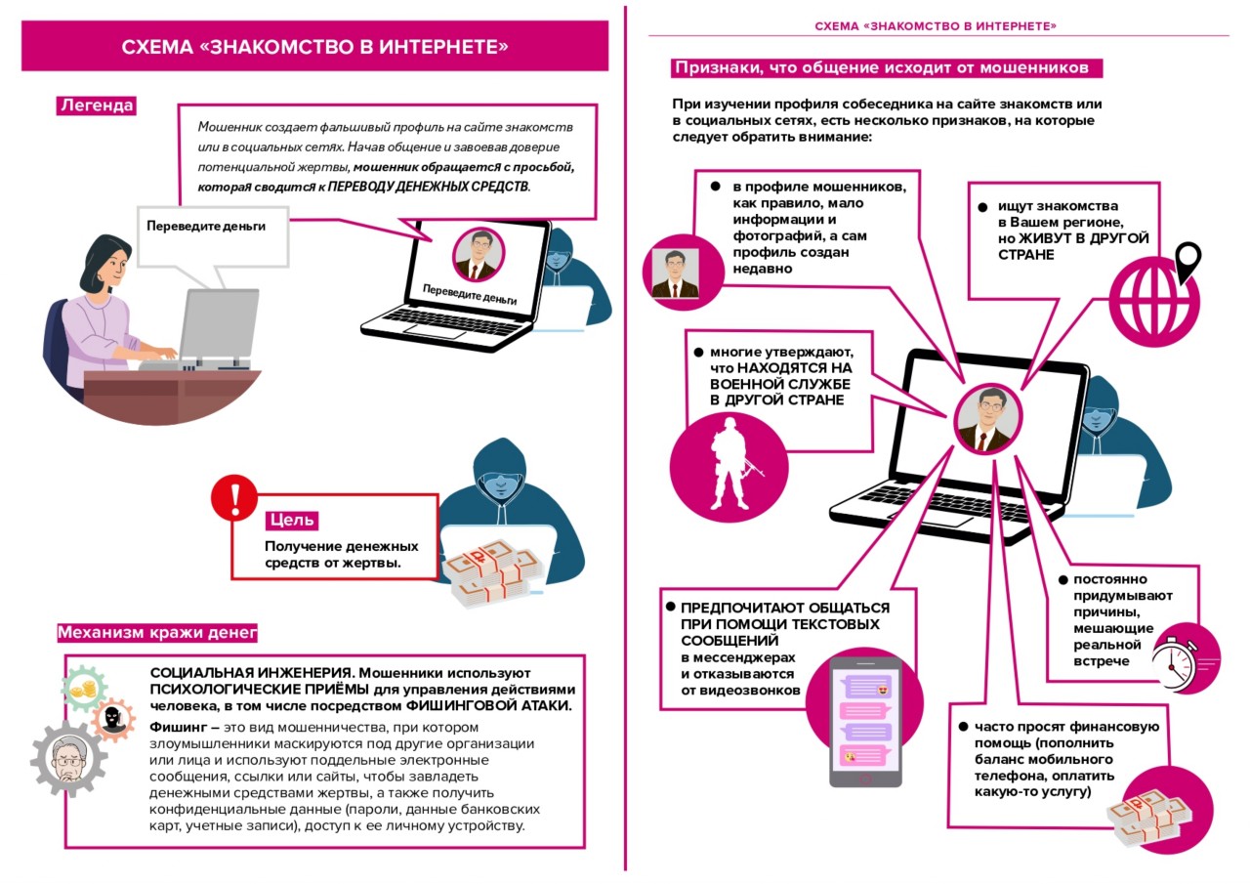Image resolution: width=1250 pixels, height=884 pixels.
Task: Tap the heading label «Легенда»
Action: point(96,105)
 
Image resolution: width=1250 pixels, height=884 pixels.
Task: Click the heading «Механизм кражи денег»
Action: point(157,632)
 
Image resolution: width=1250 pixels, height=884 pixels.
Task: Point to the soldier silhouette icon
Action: point(724,459)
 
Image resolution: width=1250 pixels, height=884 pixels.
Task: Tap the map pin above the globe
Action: point(1187,260)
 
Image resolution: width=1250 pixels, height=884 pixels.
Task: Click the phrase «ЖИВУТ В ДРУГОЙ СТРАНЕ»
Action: point(1073,246)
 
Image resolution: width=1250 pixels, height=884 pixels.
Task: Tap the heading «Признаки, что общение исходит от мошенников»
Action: point(888,68)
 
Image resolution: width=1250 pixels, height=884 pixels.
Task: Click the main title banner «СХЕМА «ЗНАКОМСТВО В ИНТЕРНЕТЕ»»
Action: point(314,48)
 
